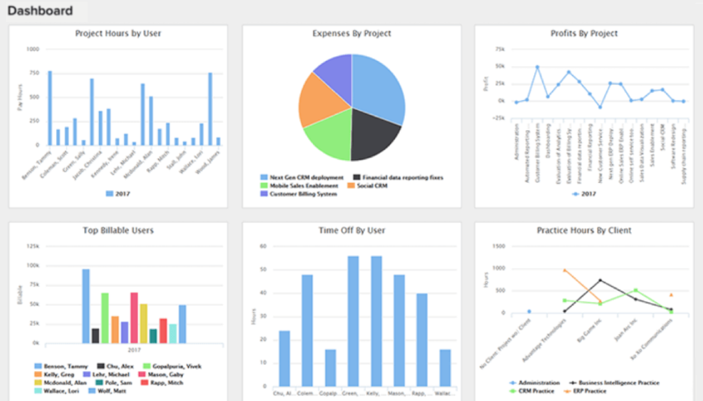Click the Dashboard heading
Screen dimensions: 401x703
coord(40,10)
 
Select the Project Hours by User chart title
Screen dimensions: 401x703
coord(118,34)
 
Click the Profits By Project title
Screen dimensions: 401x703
coord(584,34)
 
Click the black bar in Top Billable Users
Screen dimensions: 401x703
coord(95,336)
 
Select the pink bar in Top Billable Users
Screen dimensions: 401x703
coord(134,318)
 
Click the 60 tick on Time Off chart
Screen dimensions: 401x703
coord(263,246)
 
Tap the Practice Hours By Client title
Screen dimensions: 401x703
coord(584,230)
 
